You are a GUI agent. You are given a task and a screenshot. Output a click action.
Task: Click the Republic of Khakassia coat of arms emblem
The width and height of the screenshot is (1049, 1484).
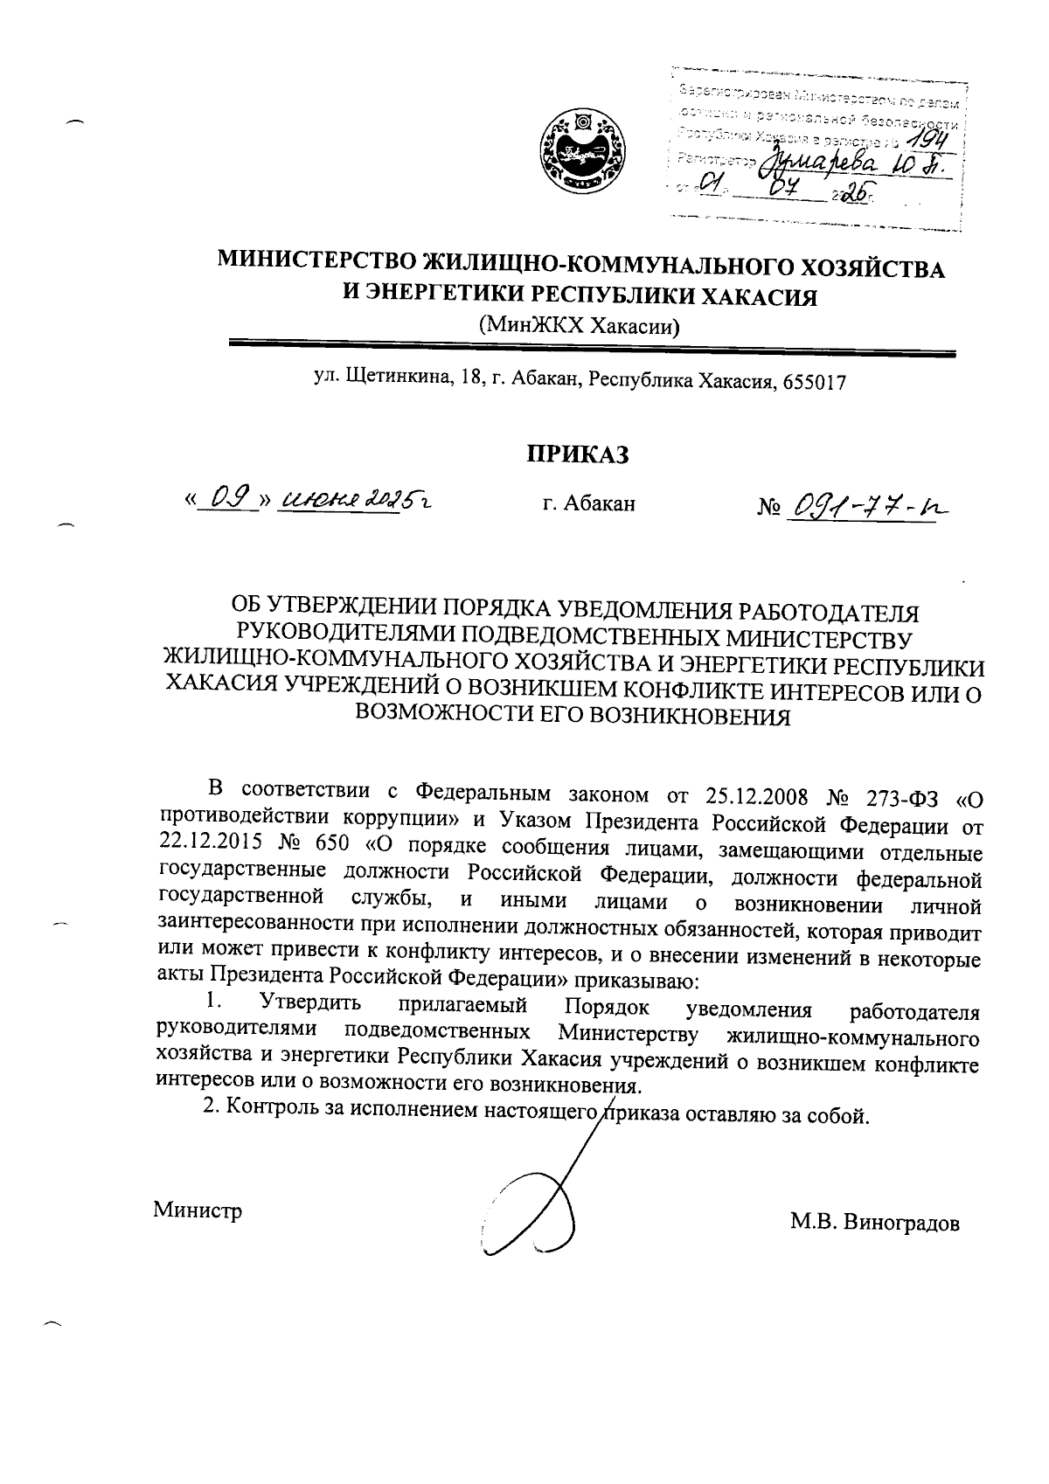click(581, 151)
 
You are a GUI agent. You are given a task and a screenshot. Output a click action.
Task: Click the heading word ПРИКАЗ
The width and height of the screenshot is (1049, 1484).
click(577, 454)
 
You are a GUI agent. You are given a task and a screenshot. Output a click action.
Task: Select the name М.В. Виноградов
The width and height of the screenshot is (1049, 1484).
click(875, 1223)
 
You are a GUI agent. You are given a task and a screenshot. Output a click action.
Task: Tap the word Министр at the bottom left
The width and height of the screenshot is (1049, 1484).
click(198, 1210)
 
